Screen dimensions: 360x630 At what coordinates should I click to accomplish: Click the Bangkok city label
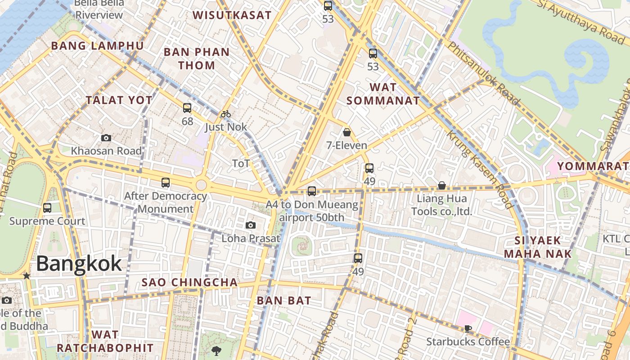pos(79,263)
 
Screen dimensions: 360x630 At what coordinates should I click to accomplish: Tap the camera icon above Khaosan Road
pos(106,138)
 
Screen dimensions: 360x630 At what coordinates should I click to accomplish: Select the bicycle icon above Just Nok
pos(226,114)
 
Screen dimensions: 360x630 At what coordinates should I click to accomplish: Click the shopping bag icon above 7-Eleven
pos(346,132)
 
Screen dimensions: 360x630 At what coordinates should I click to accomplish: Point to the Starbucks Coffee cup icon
pos(468,328)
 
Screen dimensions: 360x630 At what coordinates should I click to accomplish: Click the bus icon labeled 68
pos(187,108)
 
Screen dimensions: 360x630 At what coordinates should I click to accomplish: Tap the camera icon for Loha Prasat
pos(251,225)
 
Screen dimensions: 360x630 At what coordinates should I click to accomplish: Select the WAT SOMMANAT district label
pos(383,94)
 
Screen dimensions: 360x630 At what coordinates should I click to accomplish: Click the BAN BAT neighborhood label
pos(284,301)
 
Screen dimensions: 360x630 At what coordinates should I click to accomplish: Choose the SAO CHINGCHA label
pos(189,283)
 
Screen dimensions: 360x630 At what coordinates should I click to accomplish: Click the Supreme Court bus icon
pos(47,208)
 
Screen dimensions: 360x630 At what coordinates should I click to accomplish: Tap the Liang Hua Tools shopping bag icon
pos(442,185)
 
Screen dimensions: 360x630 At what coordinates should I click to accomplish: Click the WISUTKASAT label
pos(232,15)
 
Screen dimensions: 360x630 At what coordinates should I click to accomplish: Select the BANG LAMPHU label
pos(97,46)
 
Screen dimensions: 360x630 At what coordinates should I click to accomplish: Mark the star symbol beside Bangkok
pos(27,275)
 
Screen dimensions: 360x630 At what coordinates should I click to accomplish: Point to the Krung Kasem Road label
pos(480,169)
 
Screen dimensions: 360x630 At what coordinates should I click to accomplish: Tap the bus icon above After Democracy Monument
pos(166,183)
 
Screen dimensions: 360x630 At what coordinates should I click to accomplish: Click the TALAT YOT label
pos(119,100)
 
